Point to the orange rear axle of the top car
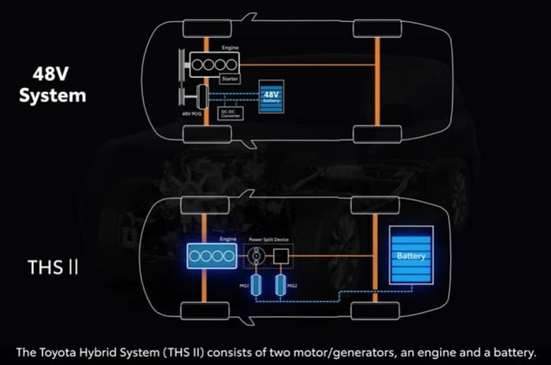coord(378,79)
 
